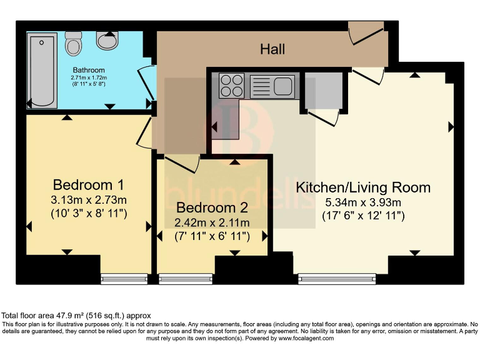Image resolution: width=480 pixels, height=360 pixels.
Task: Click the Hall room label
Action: click(272, 49)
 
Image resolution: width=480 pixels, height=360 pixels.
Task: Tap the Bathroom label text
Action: click(88, 70)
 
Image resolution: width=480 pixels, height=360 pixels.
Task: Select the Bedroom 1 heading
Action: click(88, 185)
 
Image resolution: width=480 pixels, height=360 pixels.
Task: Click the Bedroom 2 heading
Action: click(212, 207)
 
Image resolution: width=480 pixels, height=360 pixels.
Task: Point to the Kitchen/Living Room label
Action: click(363, 187)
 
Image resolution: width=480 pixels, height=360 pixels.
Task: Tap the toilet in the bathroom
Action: click(74, 42)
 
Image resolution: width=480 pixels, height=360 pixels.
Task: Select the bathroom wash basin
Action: click(108, 41)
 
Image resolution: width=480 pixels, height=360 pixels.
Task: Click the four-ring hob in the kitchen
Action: click(231, 86)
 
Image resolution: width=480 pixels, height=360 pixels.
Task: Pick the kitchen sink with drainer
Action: click(272, 86)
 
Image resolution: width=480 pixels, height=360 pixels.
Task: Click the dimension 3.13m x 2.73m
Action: click(88, 200)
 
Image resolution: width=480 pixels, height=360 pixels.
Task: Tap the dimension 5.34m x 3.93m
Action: click(363, 202)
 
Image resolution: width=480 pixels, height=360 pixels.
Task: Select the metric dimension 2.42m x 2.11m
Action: click(212, 222)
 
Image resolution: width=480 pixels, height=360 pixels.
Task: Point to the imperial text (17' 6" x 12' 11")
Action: click(363, 216)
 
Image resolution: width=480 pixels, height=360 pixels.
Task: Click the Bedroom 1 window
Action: click(124, 279)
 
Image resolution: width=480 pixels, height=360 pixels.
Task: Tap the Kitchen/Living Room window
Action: click(337, 279)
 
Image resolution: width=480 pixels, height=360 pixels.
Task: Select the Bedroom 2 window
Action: click(186, 279)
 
